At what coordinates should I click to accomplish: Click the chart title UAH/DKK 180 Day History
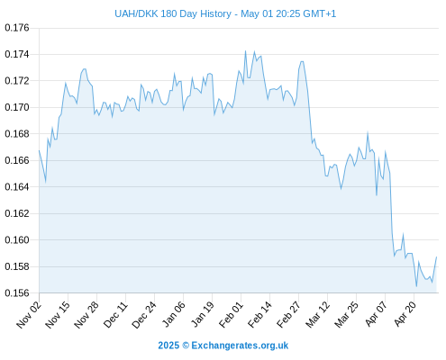[173, 13]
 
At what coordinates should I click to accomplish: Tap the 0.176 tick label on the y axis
[17, 28]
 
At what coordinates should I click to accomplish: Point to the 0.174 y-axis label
[17, 54]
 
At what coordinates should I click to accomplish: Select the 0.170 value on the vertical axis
[17, 107]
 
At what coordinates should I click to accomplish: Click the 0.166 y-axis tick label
[17, 160]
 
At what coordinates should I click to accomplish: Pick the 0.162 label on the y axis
[17, 213]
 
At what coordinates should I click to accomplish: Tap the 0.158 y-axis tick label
[17, 266]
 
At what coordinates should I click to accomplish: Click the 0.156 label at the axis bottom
[17, 292]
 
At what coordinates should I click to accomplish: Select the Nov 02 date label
[29, 315]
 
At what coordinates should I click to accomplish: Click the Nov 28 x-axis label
[86, 315]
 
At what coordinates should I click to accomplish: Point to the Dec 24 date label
[144, 315]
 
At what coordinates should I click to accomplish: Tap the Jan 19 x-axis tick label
[203, 315]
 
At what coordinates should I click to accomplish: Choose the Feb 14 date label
[259, 315]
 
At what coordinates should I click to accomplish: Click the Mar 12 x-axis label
[318, 315]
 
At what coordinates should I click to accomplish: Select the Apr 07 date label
[376, 314]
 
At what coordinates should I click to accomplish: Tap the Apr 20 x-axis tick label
[405, 314]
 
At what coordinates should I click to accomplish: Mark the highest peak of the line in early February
[245, 51]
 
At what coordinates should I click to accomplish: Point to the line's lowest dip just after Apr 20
[416, 286]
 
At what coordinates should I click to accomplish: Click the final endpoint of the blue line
[436, 256]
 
